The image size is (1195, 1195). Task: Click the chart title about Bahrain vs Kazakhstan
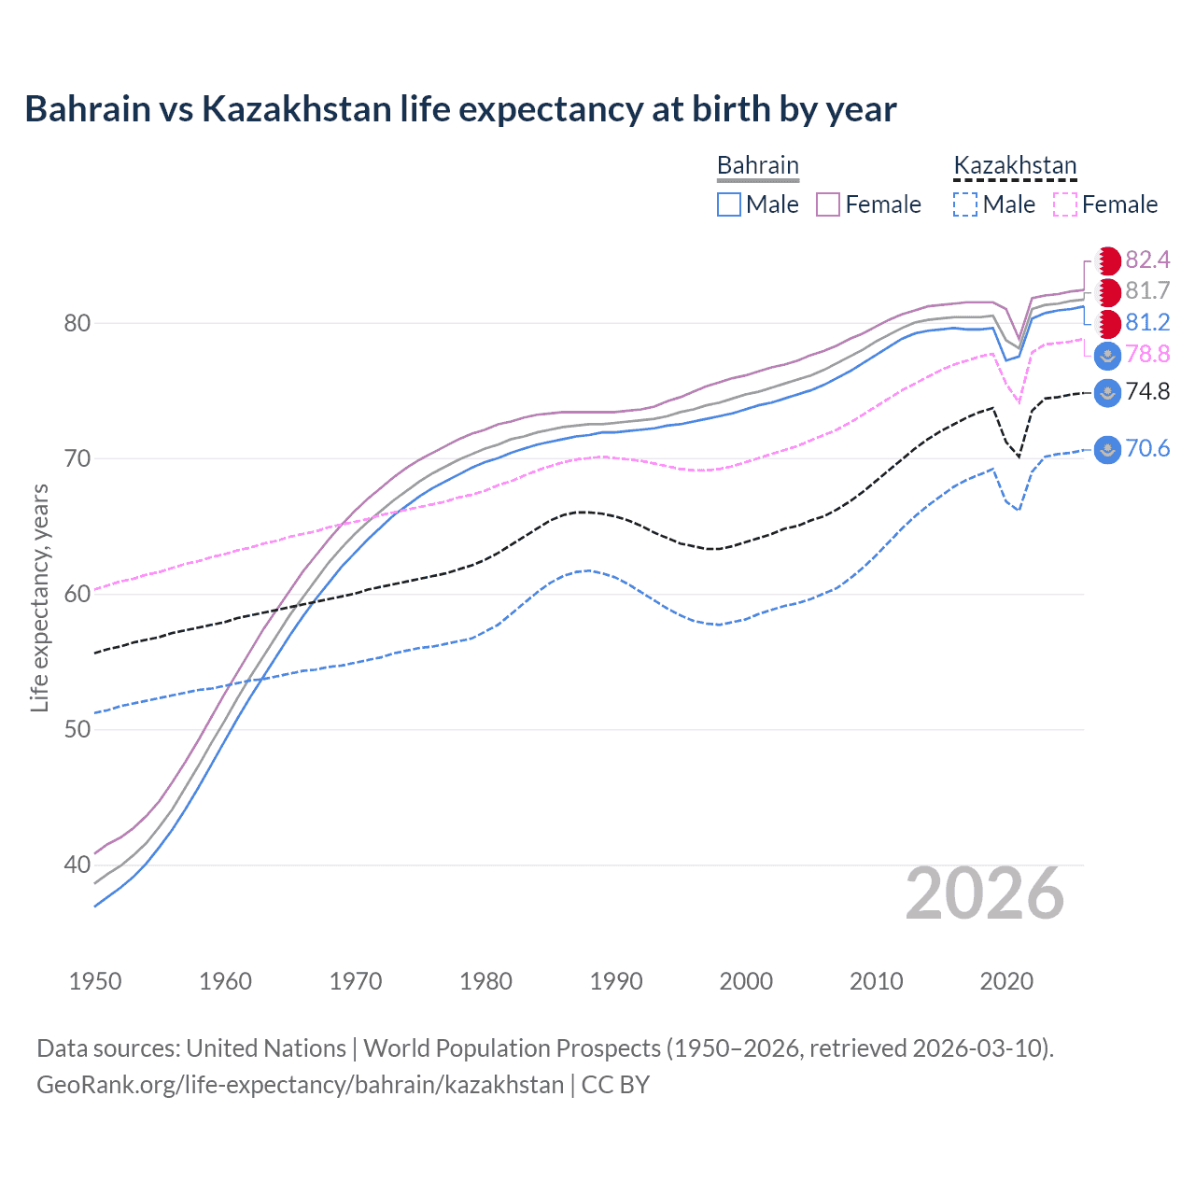(460, 109)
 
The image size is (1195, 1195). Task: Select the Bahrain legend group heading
(757, 165)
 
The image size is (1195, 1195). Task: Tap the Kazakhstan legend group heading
(1015, 165)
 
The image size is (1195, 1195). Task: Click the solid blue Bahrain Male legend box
(729, 204)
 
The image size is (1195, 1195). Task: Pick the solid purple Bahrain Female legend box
(828, 204)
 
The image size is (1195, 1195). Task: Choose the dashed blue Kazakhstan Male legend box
(965, 204)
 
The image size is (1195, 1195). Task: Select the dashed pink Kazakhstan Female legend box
(1065, 204)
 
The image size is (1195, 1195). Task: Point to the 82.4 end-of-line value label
(1147, 260)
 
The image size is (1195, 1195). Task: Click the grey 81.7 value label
(1147, 291)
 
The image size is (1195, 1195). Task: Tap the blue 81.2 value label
(1147, 323)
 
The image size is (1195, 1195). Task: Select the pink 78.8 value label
(1147, 355)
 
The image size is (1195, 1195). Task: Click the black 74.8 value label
(1147, 392)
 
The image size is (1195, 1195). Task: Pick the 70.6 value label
(1147, 449)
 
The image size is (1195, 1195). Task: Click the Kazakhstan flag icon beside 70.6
(1107, 449)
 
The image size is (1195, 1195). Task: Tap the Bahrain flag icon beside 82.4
(1108, 260)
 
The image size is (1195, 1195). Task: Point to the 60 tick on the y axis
(77, 594)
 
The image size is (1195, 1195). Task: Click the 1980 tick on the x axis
(485, 981)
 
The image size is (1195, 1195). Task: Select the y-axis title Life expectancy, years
(39, 597)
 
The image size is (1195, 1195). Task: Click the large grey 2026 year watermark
(985, 894)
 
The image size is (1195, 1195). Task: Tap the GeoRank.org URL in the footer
(300, 1085)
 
